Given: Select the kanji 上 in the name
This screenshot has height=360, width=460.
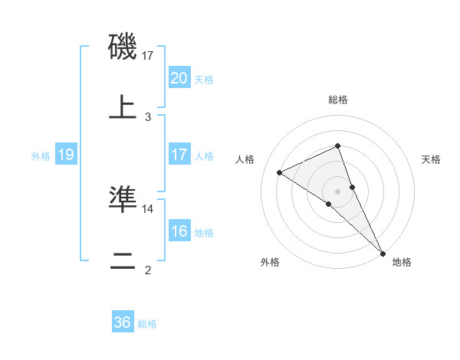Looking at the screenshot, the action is coord(123,107).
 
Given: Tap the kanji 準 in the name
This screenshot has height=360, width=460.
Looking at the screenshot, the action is coord(123,199).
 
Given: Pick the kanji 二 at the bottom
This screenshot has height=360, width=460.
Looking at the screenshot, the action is coord(123,260).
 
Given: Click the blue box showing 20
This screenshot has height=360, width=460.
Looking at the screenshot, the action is coord(179,78).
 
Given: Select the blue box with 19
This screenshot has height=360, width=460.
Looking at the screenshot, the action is coord(65,155).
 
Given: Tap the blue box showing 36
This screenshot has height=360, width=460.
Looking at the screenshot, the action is coord(123,322).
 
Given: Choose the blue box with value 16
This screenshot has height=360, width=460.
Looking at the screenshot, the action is coord(179,231).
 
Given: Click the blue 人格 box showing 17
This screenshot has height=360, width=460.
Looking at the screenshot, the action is coord(179,155).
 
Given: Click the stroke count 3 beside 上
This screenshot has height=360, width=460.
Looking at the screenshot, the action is coord(148,116).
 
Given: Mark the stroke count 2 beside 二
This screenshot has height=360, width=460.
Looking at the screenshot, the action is coord(148,270).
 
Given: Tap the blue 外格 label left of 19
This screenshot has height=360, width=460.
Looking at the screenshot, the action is coord(41,155).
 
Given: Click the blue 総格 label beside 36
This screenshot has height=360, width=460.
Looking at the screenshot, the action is coord(147,323).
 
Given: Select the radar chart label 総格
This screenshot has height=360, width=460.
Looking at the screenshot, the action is coord(338,100).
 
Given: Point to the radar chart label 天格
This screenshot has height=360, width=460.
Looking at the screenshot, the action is coord(432,159).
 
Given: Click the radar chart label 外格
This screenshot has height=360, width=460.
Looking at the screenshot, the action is coord(270,262).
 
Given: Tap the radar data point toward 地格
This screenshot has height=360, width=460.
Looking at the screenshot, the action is coord(383,252).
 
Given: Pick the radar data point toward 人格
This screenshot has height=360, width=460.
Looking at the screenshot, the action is coord(280,172).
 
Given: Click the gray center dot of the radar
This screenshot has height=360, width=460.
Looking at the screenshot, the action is coord(338,191).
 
